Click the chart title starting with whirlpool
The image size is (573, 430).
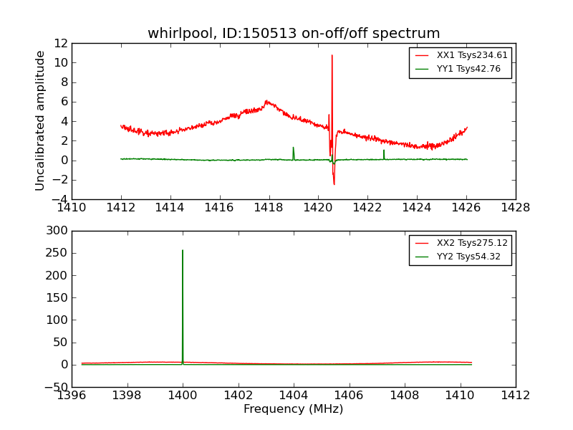(294, 34)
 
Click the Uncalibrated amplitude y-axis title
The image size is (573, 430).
(41, 120)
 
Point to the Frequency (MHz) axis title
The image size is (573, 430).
(294, 409)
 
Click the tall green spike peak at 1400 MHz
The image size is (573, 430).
(183, 250)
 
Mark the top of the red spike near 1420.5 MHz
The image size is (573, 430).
(332, 55)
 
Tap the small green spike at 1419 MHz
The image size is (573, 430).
(293, 148)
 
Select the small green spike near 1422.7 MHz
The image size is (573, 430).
(384, 150)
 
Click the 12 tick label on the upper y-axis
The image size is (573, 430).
(60, 43)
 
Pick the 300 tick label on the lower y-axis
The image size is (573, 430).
(55, 231)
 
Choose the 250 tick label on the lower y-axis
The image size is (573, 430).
(55, 253)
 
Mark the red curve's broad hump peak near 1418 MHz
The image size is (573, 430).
(266, 101)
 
